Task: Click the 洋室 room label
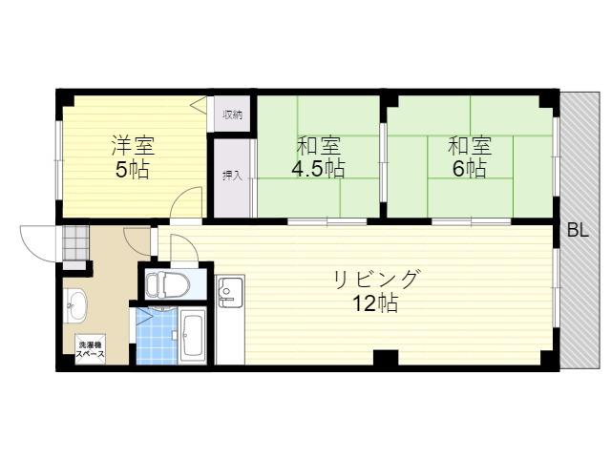134,145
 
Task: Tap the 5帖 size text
133,169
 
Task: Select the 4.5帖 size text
318,168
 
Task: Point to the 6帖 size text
469,168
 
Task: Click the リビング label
376,279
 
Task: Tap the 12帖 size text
375,303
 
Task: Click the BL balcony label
578,231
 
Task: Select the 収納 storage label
233,114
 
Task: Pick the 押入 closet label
232,176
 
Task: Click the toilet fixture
167,285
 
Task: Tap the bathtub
193,336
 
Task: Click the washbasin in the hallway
75,306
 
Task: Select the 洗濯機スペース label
90,349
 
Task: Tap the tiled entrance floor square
75,242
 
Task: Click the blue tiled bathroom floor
157,336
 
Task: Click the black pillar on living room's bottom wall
386,358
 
